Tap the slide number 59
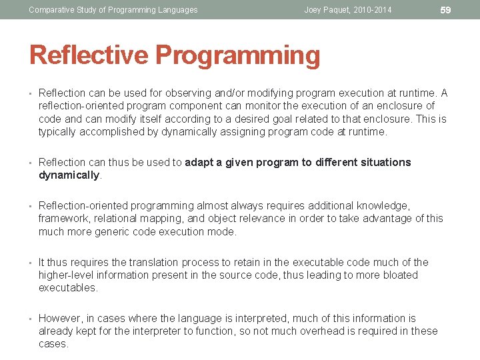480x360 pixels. tap(446, 10)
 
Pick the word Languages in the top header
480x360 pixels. tap(177, 10)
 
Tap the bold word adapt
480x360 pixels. tap(199, 162)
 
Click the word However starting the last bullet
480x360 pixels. tap(61, 318)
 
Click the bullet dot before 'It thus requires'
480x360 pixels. tap(31, 262)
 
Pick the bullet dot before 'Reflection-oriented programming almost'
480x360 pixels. tap(31, 206)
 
